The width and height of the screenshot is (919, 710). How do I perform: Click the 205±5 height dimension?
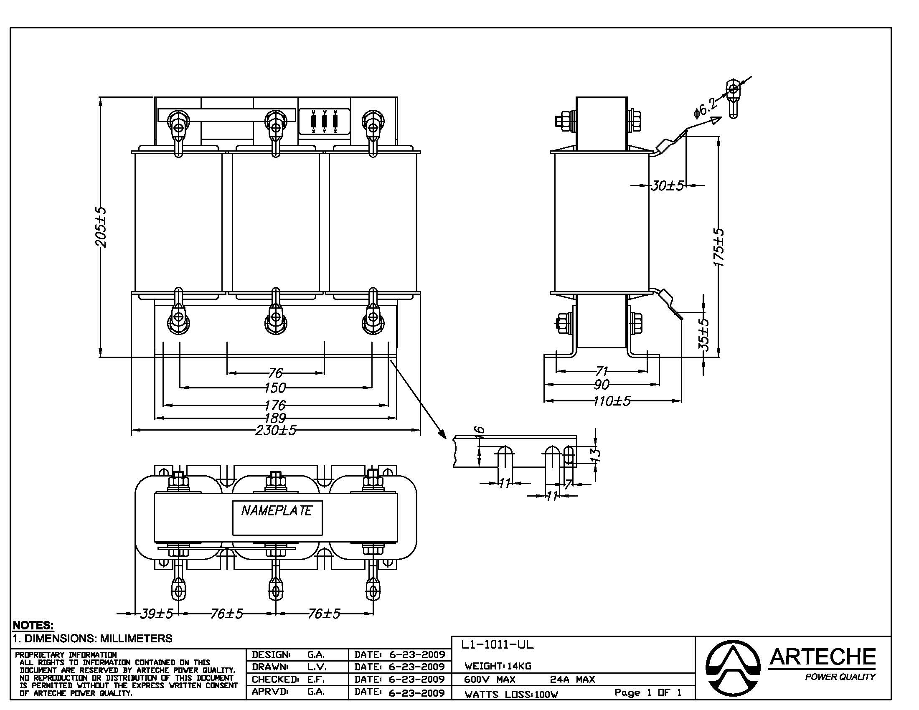pyautogui.click(x=101, y=227)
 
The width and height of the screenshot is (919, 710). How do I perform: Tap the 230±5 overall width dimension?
pyautogui.click(x=276, y=430)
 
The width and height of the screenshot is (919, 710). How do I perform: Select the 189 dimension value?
pyautogui.click(x=275, y=418)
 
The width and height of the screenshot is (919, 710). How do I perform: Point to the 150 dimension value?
pyautogui.click(x=275, y=388)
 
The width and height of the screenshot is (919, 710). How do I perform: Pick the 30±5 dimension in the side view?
pyautogui.click(x=668, y=185)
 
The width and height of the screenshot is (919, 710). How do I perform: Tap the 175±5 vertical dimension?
pyautogui.click(x=719, y=247)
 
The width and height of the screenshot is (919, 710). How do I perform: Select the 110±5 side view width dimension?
pyautogui.click(x=612, y=401)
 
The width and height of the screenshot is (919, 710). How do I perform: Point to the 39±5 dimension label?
pyautogui.click(x=156, y=614)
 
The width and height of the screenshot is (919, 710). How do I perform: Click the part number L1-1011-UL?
pyautogui.click(x=497, y=644)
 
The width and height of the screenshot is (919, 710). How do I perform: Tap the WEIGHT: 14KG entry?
pyautogui.click(x=498, y=666)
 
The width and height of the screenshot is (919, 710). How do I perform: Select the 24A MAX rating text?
pyautogui.click(x=572, y=679)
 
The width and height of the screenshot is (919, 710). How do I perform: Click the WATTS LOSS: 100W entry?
pyautogui.click(x=511, y=695)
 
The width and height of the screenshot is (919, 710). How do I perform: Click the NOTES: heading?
pyautogui.click(x=33, y=625)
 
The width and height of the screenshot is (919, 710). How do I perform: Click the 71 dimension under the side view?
pyautogui.click(x=602, y=371)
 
